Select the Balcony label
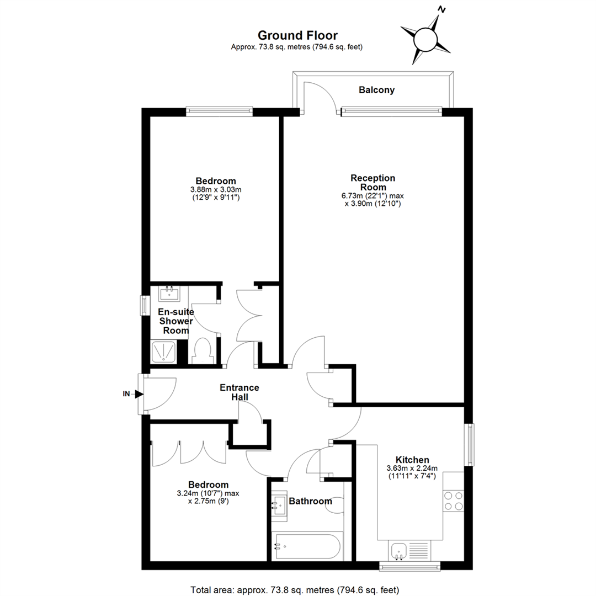(376, 90)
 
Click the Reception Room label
(373, 183)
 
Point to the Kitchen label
(412, 460)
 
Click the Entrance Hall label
(240, 392)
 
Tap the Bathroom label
(311, 501)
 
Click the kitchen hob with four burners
(454, 500)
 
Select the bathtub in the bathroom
(308, 546)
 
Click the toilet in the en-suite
(204, 352)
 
